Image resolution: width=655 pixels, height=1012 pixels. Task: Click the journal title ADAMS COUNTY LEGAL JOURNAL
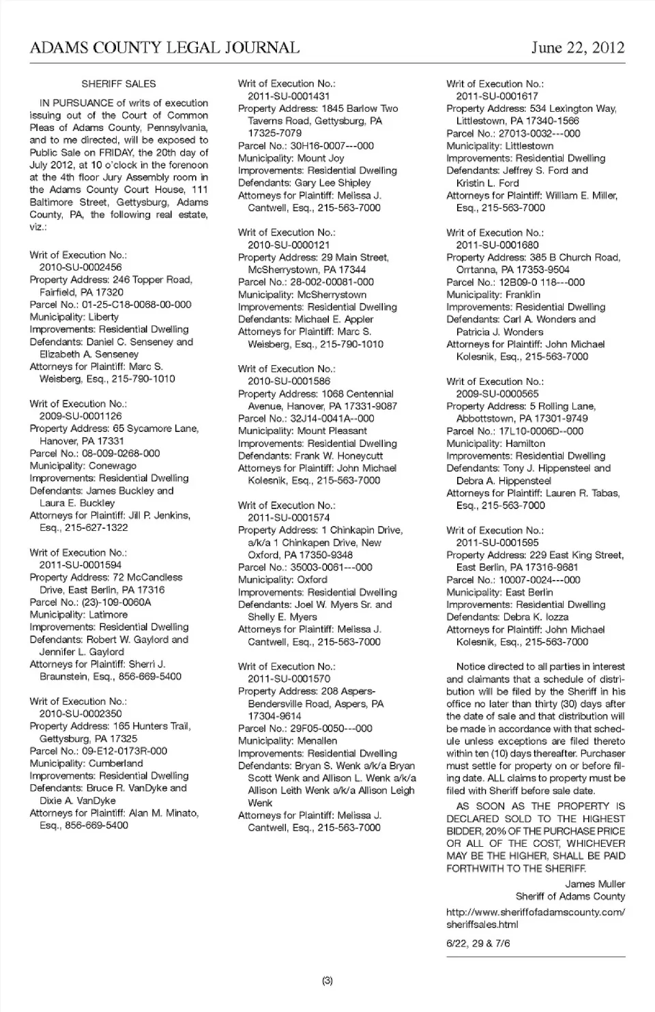tap(164, 48)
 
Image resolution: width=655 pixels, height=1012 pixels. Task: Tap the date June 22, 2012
tap(577, 48)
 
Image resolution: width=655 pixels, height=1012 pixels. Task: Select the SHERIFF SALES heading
tap(119, 84)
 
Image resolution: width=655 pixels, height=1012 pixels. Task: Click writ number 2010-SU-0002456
tap(81, 268)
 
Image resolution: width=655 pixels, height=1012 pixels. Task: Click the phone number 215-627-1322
tap(96, 527)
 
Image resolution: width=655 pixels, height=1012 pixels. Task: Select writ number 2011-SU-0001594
tap(81, 565)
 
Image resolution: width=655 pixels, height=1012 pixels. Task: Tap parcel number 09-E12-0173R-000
tap(115, 751)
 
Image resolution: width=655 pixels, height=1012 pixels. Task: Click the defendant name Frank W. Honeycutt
tap(339, 456)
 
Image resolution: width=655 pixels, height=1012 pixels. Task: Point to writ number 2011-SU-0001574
tap(289, 518)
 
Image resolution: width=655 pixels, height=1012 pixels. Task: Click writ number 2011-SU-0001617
tap(497, 96)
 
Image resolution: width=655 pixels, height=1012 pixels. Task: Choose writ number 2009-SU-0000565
tap(497, 394)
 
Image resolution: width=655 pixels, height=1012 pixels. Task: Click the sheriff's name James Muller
tap(595, 884)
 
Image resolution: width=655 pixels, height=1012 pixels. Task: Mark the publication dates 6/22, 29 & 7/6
tap(478, 944)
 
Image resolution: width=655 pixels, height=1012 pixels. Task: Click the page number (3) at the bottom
tap(327, 981)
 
